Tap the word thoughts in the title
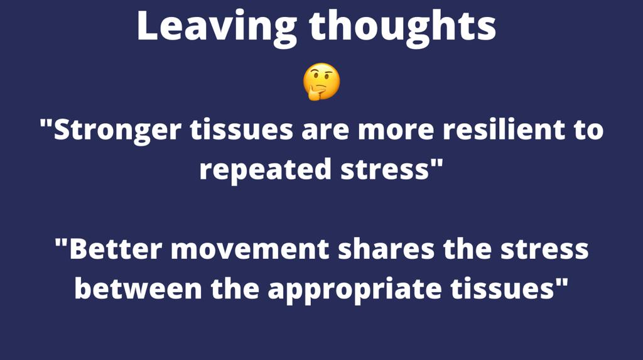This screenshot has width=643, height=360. (x=403, y=27)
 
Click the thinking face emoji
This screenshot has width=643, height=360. (x=321, y=82)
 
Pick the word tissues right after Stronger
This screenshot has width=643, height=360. (x=242, y=129)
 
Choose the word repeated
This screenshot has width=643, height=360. (x=265, y=170)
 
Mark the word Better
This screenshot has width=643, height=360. (x=117, y=249)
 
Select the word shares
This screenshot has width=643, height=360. (x=386, y=249)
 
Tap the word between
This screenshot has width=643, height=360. (x=138, y=288)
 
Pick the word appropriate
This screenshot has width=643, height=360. (x=355, y=290)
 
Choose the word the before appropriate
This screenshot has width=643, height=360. (x=235, y=288)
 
